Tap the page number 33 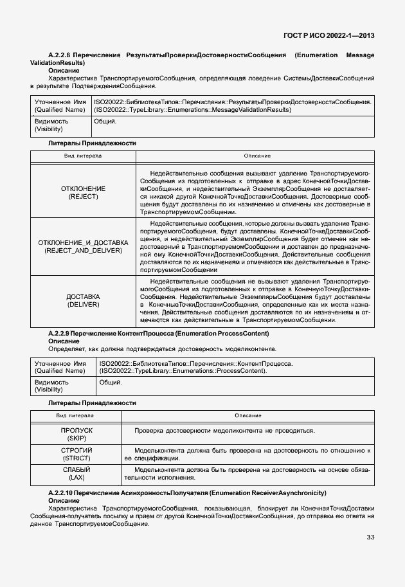pos(370,537)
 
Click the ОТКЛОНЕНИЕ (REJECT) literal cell pos(83,192)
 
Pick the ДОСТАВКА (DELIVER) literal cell pos(83,300)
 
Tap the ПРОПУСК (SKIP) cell pos(76,433)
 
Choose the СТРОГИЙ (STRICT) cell pos(76,454)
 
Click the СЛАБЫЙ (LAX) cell pos(76,474)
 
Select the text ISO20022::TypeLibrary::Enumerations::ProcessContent pos(183,371)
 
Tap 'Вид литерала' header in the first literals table pos(82,156)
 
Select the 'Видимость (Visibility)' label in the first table pos(51,125)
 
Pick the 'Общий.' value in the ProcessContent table pos(111,383)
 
